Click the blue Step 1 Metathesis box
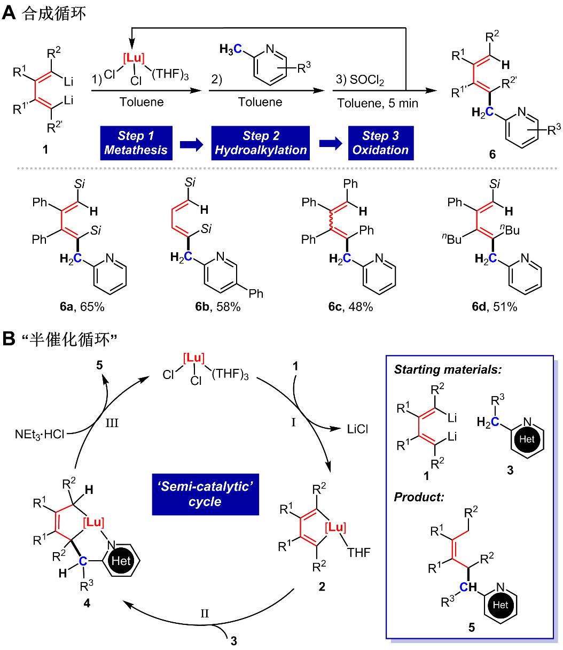(136, 143)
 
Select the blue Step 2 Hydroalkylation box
(261, 143)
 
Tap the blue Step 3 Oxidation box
(381, 143)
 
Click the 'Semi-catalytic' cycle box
(206, 494)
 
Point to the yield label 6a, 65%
(82, 307)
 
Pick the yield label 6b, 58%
(218, 307)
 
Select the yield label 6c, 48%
(350, 307)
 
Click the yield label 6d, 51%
(495, 307)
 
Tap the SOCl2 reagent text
(366, 80)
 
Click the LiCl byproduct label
(357, 429)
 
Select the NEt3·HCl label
(40, 435)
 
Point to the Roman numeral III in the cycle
(112, 423)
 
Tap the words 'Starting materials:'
(448, 370)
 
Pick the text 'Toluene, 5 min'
(378, 103)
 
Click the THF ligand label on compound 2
(359, 553)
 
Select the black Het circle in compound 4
(121, 561)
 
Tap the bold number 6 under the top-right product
(492, 154)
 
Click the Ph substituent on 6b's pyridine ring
(256, 293)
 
